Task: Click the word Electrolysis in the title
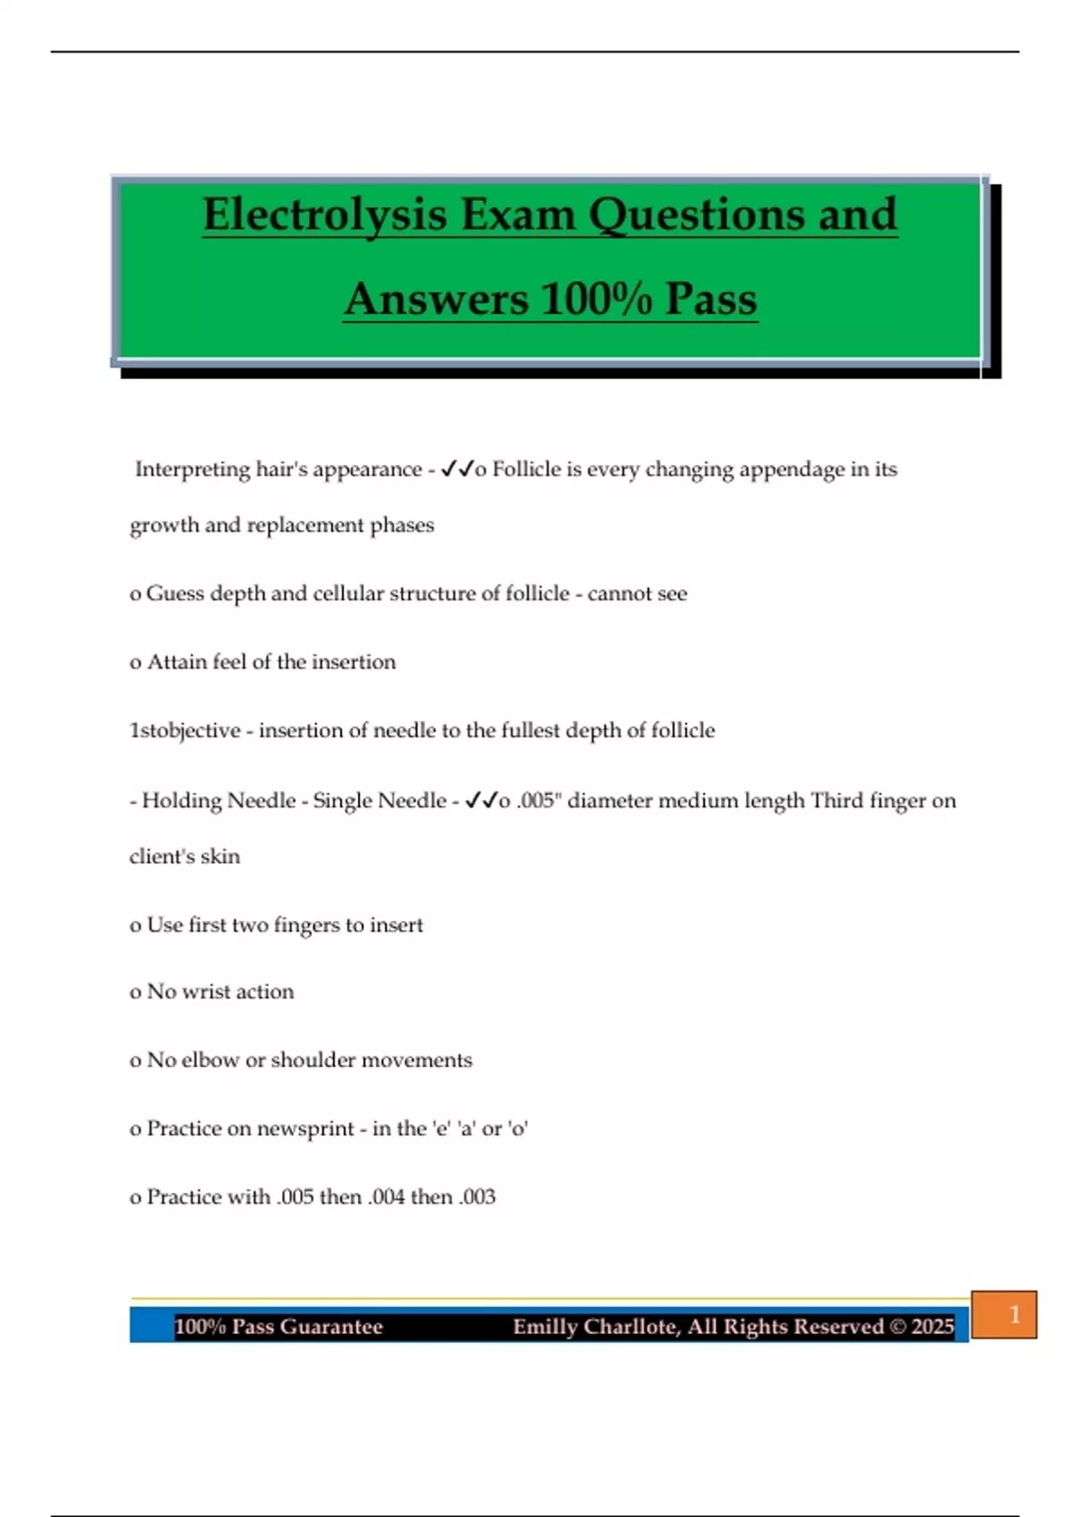point(325,215)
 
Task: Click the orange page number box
point(1004,1314)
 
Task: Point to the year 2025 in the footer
point(933,1327)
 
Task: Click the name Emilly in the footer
point(545,1327)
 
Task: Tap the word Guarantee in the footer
point(331,1327)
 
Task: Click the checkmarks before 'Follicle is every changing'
point(457,469)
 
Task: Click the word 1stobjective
point(185,731)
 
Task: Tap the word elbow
point(210,1060)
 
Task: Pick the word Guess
point(175,593)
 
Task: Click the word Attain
point(177,662)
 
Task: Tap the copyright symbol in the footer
point(897,1327)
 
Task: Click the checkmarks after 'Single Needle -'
point(481,800)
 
